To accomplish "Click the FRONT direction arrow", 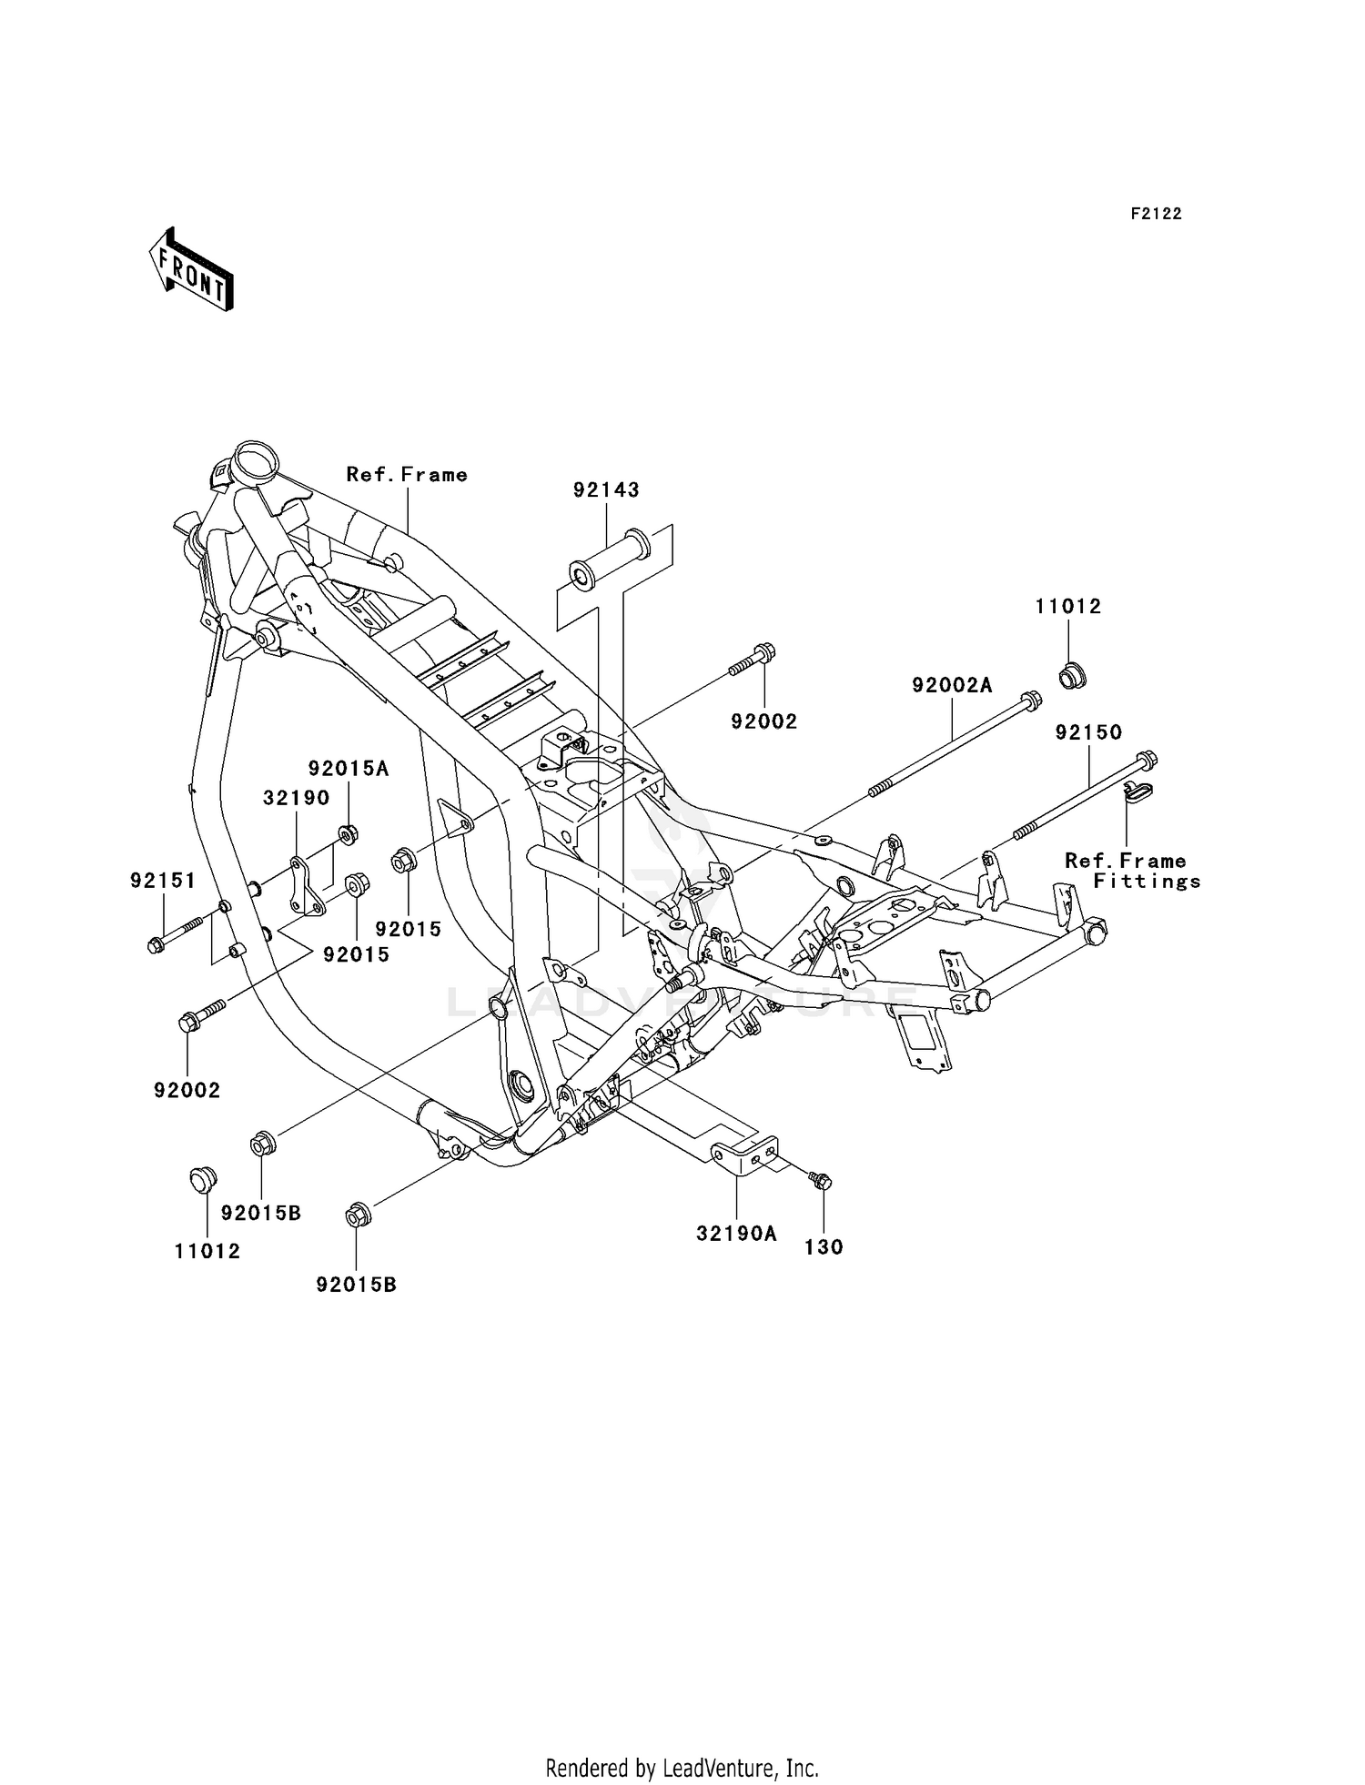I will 192,270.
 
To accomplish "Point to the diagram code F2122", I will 1156,214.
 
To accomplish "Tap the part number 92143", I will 606,490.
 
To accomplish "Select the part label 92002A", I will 952,686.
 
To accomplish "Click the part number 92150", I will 1088,732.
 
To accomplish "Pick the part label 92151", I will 163,881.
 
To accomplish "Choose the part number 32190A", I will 736,1234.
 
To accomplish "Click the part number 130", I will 824,1247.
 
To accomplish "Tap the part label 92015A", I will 348,769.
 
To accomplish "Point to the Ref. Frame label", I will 407,475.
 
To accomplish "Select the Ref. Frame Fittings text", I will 1132,871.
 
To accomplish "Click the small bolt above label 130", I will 819,1181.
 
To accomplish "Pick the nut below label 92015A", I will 347,832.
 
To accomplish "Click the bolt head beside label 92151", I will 157,945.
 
